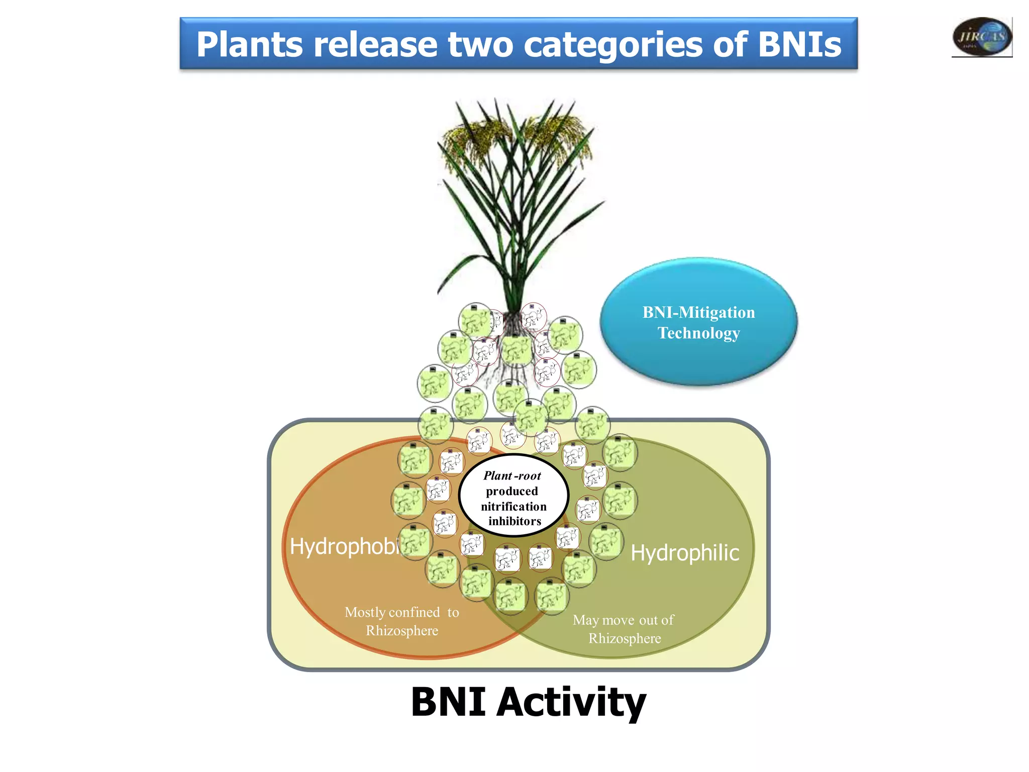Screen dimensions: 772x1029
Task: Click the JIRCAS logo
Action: pos(982,36)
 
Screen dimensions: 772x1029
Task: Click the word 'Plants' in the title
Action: pos(249,44)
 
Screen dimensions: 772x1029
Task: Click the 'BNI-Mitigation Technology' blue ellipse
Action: pos(698,322)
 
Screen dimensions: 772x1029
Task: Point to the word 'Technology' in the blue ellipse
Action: pos(698,333)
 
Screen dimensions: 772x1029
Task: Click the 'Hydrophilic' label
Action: pos(684,553)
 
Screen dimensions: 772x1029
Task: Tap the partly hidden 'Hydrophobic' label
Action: pos(345,547)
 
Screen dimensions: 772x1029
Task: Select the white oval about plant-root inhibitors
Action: pos(513,498)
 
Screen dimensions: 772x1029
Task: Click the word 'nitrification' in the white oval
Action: pos(513,506)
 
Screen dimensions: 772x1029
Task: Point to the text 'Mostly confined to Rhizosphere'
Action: pos(402,621)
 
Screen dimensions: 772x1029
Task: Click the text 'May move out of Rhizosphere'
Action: pos(624,629)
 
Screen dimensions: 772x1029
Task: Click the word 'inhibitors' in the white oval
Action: pos(514,521)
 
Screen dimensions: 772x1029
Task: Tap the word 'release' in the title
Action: pos(375,44)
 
